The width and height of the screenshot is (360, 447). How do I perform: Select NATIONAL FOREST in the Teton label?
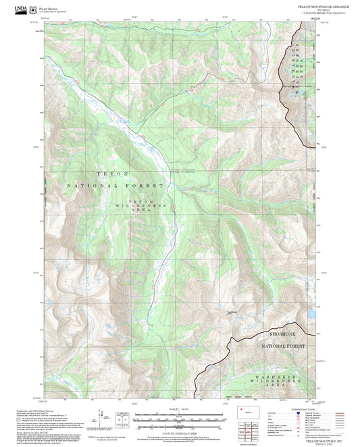coord(115,185)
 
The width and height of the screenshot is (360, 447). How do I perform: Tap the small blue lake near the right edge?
coord(312,315)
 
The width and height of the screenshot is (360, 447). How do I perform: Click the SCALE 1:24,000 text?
coord(178,408)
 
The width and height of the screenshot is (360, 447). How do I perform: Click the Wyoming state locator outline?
coord(244,411)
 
